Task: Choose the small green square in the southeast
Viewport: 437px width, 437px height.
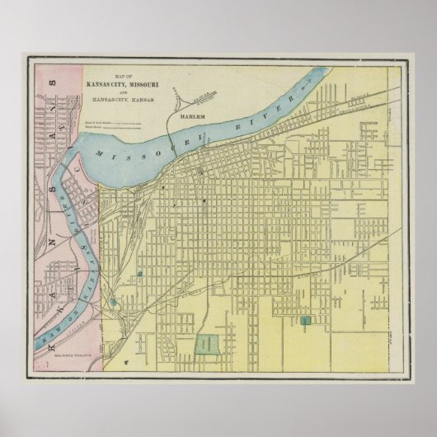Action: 307,320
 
